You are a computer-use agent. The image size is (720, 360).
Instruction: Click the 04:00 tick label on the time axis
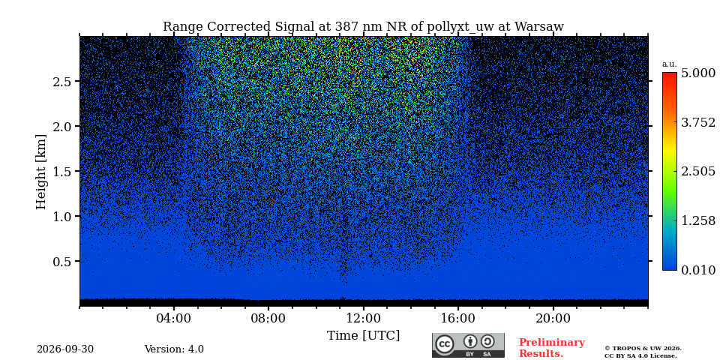(x=174, y=319)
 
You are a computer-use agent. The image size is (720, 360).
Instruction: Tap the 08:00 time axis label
(x=268, y=319)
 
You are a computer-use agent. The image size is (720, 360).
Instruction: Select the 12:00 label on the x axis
(x=364, y=319)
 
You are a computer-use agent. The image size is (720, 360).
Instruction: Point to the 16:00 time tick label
(x=458, y=319)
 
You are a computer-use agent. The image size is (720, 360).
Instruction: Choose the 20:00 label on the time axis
(x=553, y=319)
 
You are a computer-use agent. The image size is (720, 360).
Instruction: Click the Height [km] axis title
(x=41, y=172)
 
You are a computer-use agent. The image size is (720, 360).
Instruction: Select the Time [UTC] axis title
(x=363, y=336)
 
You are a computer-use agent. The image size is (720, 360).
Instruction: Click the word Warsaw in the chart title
(x=539, y=27)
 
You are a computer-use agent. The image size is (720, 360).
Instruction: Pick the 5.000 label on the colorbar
(x=698, y=73)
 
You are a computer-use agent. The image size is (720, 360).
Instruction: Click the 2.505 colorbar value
(x=698, y=171)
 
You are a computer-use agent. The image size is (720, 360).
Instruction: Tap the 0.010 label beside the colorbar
(x=698, y=270)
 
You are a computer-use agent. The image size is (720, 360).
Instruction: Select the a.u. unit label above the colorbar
(x=670, y=64)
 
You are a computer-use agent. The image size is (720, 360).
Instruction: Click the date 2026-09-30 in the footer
(x=65, y=349)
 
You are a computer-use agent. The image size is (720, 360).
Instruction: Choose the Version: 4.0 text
(x=174, y=349)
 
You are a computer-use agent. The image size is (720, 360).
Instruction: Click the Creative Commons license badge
(x=468, y=345)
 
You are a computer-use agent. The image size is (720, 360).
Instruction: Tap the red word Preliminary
(x=552, y=343)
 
